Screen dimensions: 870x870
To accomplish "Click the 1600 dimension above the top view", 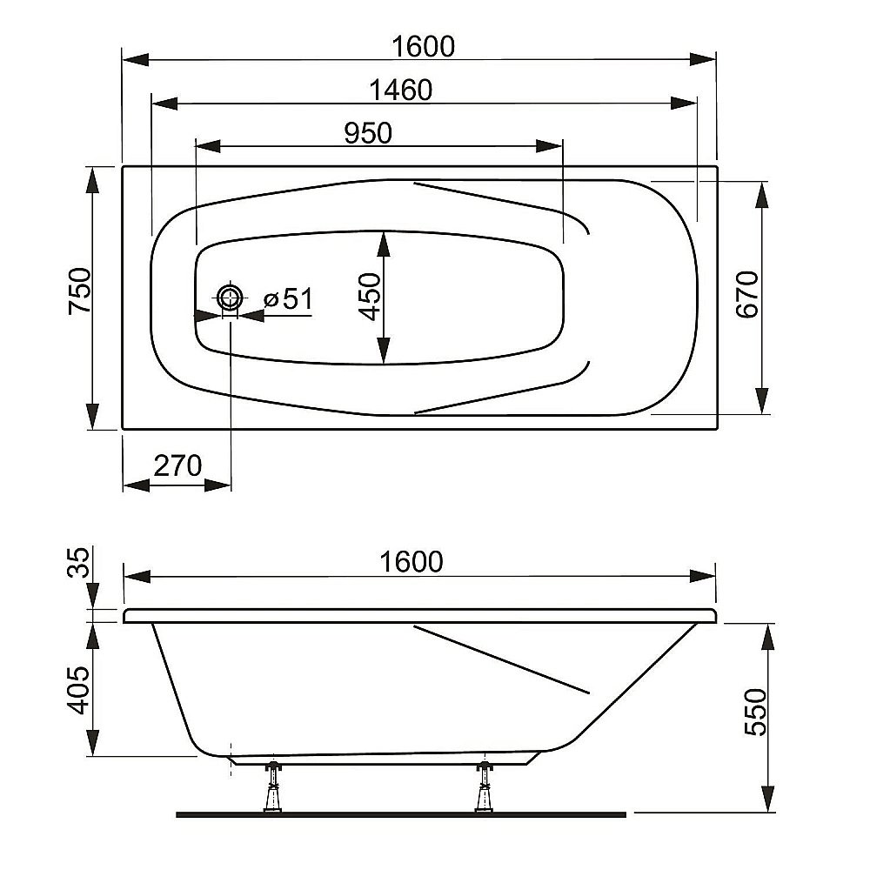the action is (423, 46).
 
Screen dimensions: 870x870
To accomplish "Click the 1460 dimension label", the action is (400, 90).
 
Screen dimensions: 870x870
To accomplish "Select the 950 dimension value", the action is (368, 132).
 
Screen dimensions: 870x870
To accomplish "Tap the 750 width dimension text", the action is (80, 291).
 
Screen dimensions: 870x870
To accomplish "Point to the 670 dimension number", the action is (747, 294).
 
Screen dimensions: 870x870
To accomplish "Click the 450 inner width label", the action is (370, 297).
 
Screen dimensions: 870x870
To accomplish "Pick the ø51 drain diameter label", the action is (289, 299).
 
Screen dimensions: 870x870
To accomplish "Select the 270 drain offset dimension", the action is (177, 465).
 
